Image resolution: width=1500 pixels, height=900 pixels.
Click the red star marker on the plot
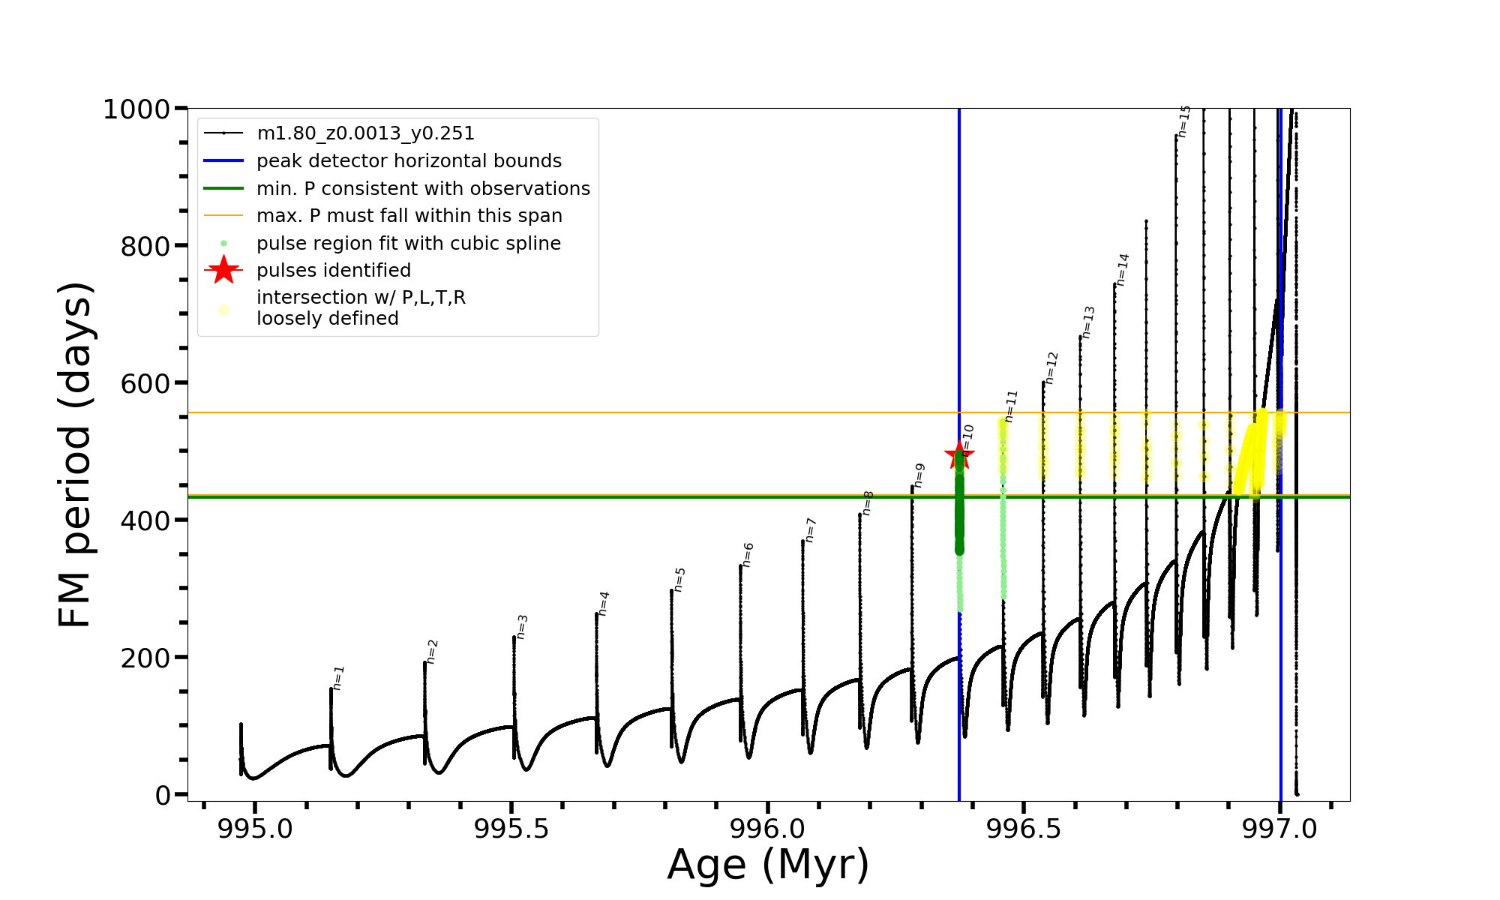(x=958, y=454)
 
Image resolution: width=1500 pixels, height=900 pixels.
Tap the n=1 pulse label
(x=338, y=677)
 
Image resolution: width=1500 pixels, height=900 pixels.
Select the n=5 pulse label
(x=679, y=580)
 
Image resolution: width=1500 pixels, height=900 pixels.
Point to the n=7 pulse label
(x=810, y=529)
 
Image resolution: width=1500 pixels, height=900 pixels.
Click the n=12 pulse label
(x=1051, y=367)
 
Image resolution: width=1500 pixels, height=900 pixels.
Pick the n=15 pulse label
(x=1184, y=121)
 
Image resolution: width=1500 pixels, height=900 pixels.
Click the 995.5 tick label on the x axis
(x=511, y=829)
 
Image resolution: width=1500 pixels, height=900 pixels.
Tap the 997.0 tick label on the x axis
(x=1279, y=829)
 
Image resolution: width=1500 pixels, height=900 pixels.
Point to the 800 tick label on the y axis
(x=145, y=246)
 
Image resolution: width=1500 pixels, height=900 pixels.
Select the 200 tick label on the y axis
(x=145, y=658)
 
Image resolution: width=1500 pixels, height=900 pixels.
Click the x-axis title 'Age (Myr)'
(x=768, y=865)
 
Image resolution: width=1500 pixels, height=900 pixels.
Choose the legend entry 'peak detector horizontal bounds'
(x=409, y=161)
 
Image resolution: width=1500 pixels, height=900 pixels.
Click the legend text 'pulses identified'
(x=334, y=271)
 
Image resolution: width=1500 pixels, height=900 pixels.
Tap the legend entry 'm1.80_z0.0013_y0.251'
(x=365, y=133)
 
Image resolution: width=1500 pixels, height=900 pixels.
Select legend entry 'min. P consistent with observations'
(x=423, y=189)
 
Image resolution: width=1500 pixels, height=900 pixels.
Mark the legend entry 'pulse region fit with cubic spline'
(x=409, y=244)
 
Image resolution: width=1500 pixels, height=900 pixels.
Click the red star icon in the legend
(x=223, y=270)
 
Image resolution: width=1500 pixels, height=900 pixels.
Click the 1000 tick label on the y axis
(x=136, y=109)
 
